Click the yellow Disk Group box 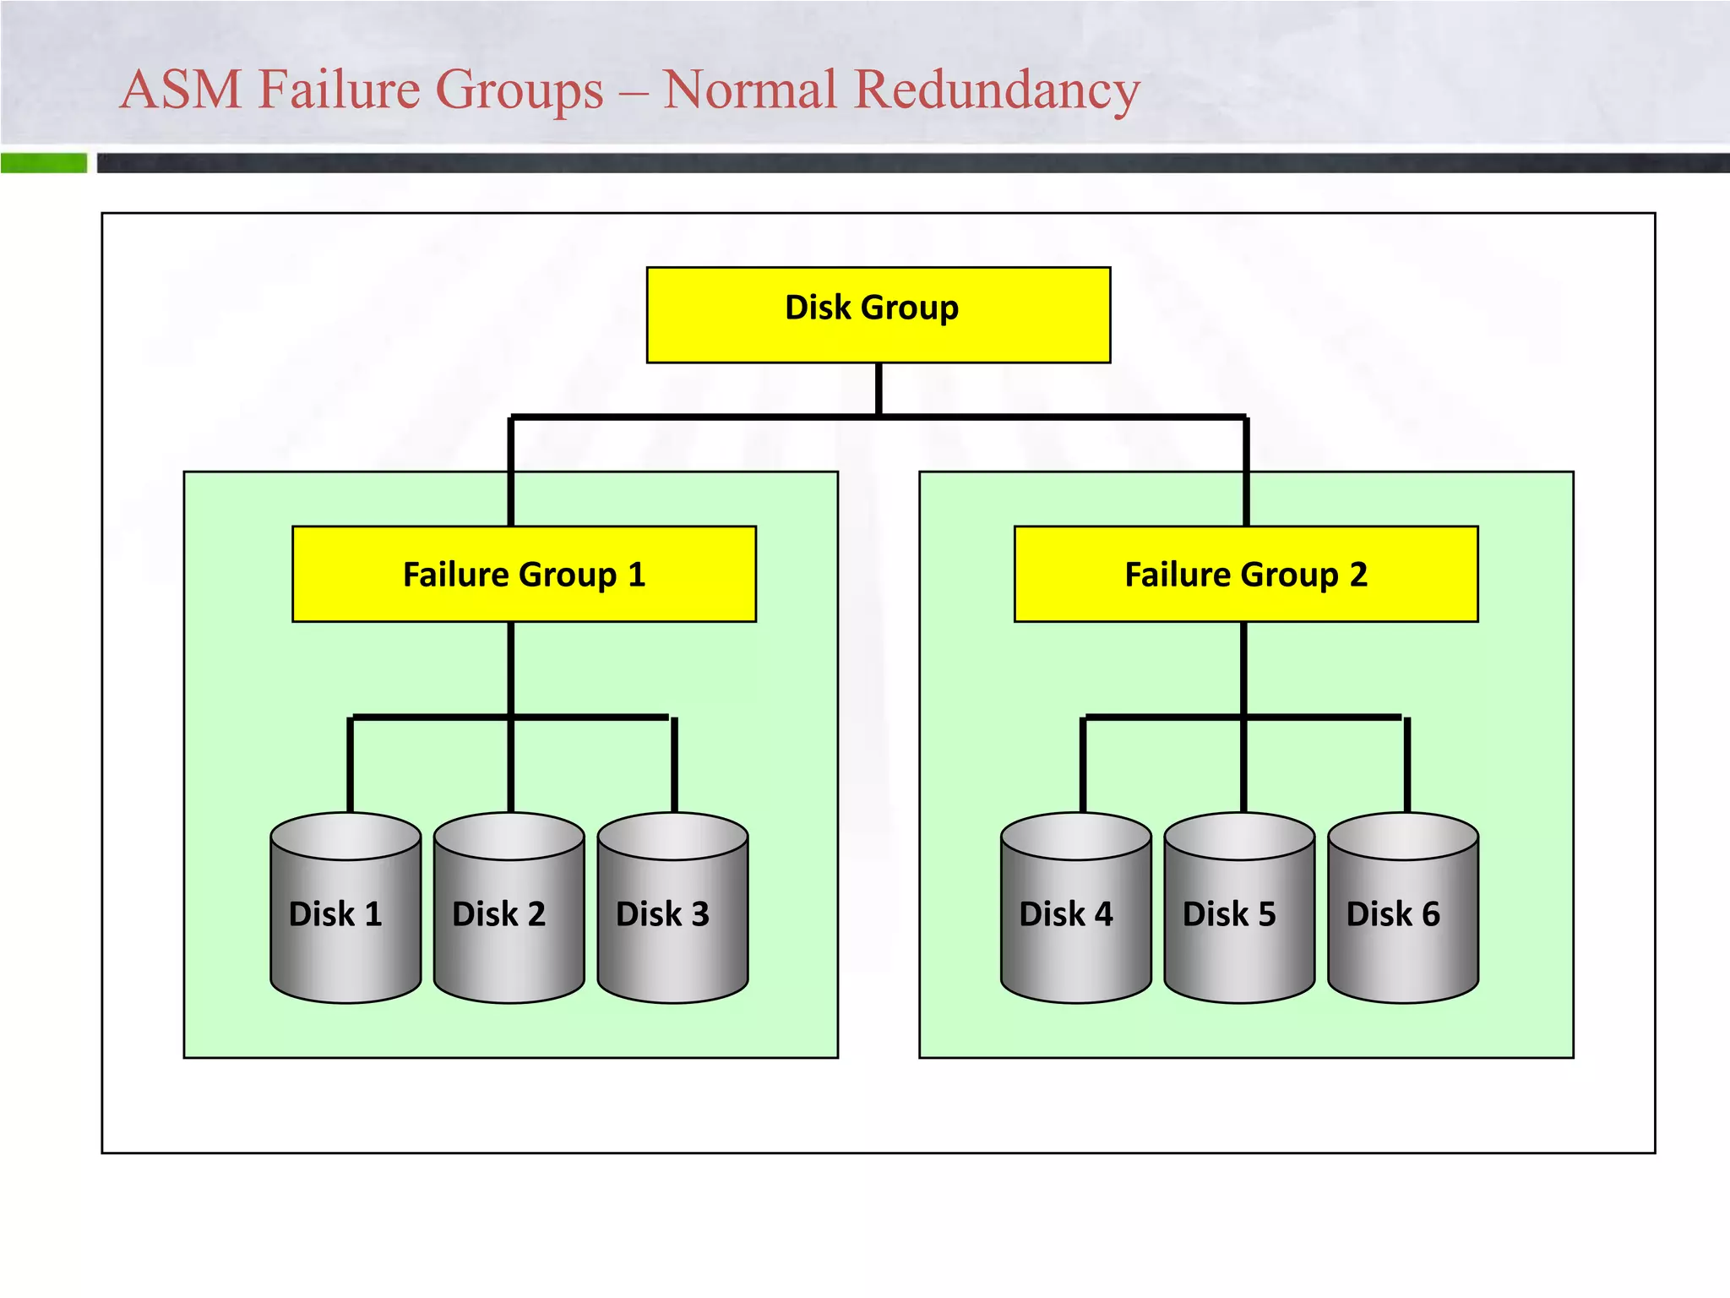click(878, 314)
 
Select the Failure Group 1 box click(524, 574)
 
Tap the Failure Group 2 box click(1245, 574)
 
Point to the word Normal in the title click(750, 90)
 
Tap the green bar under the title click(44, 162)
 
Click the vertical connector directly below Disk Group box click(879, 390)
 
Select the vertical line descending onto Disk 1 click(350, 765)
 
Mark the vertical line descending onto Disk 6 click(1406, 765)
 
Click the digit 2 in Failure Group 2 click(1357, 575)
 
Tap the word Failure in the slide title click(335, 90)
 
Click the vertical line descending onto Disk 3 click(674, 765)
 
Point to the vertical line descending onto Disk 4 click(1082, 765)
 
